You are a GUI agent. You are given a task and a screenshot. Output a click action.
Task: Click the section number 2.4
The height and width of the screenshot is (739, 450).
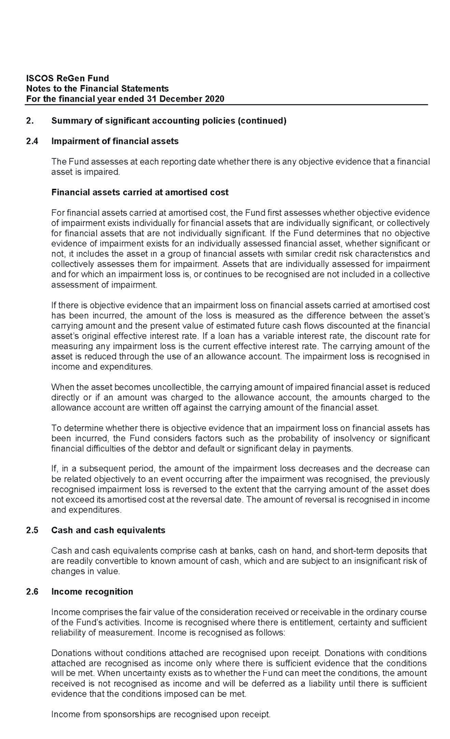tap(31, 141)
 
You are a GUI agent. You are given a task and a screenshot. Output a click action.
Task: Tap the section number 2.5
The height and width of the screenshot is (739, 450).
tap(31, 530)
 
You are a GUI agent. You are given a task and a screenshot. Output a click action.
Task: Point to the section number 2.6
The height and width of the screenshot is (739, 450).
tap(31, 591)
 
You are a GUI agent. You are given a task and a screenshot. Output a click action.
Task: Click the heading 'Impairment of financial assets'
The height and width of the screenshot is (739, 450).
tap(115, 141)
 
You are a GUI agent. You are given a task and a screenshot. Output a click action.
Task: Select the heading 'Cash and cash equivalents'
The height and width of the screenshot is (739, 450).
tap(108, 530)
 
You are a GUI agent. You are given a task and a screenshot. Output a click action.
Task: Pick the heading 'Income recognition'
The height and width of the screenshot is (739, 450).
tap(92, 591)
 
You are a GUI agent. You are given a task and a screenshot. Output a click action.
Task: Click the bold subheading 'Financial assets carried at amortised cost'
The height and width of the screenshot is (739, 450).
tap(140, 192)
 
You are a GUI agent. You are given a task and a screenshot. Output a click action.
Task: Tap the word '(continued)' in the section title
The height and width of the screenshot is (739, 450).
tap(262, 121)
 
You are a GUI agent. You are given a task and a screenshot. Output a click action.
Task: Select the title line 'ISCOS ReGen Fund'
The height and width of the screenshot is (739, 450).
tap(68, 78)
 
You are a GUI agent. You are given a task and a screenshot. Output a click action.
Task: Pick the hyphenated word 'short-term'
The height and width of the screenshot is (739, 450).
tap(338, 551)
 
